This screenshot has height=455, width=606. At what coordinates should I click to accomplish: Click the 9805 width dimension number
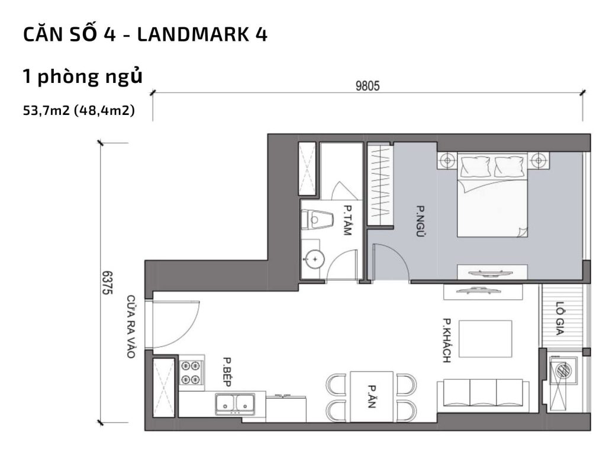[x=368, y=85]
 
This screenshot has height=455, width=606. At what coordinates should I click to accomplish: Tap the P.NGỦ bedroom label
[x=421, y=222]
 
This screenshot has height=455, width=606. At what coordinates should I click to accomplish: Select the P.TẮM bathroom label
[x=347, y=220]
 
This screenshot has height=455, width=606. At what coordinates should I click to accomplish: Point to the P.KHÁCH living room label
[x=447, y=341]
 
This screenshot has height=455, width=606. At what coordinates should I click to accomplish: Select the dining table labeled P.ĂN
[x=372, y=396]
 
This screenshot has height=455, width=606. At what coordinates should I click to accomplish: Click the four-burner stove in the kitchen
[x=191, y=373]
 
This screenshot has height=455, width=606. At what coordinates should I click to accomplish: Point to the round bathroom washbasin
[x=314, y=258]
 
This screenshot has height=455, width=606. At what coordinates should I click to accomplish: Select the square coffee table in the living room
[x=485, y=338]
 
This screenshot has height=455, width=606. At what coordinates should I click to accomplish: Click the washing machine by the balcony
[x=563, y=371]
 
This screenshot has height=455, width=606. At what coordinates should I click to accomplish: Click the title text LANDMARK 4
[x=202, y=35]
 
